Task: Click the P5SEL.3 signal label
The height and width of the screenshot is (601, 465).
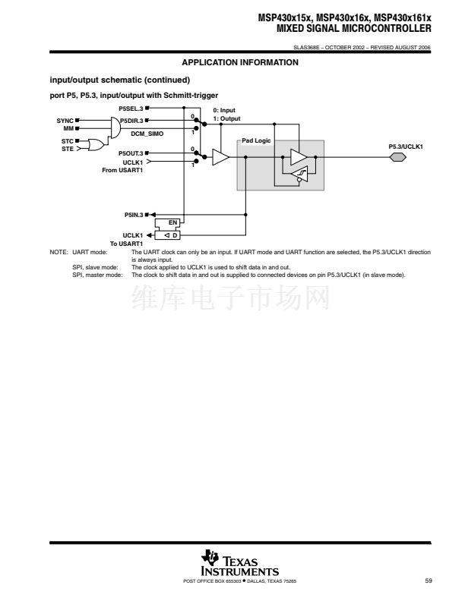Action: [x=131, y=109]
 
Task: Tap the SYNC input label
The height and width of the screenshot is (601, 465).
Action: [x=65, y=121]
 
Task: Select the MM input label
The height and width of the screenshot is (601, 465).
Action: [x=68, y=128]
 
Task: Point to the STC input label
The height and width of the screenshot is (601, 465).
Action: [x=67, y=141]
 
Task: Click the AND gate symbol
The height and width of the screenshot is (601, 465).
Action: [x=115, y=127]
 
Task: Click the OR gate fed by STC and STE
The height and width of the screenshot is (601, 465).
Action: [x=96, y=145]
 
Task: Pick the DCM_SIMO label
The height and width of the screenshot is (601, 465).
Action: [x=147, y=134]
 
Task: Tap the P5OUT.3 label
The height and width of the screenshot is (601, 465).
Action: [x=131, y=153]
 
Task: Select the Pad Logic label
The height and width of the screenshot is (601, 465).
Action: [x=256, y=140]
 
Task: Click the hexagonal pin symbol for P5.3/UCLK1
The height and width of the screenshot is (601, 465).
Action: [x=398, y=157]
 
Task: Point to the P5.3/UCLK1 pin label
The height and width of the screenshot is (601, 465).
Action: [x=406, y=146]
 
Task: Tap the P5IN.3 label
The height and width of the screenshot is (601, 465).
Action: [x=134, y=215]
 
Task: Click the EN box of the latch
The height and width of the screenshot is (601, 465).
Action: [x=167, y=222]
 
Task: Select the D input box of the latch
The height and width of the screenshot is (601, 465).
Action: [x=167, y=235]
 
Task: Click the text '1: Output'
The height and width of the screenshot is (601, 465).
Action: [x=226, y=119]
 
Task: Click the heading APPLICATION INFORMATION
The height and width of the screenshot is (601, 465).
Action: [x=240, y=62]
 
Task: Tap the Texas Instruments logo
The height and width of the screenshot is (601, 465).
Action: [x=240, y=563]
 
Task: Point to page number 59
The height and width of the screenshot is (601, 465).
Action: [x=429, y=581]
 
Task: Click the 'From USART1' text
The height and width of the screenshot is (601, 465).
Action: [x=122, y=170]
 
